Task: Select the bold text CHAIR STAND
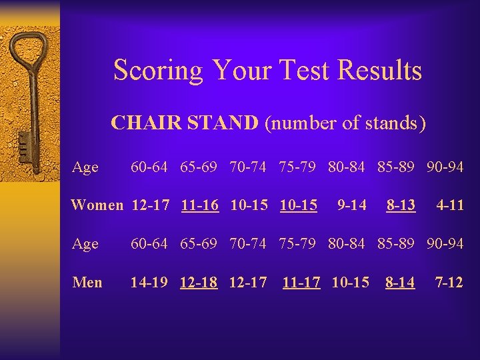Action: (x=185, y=123)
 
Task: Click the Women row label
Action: (x=97, y=205)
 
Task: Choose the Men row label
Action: (x=87, y=282)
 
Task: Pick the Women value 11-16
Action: (x=199, y=205)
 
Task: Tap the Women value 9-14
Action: (x=351, y=205)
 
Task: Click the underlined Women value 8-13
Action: (x=401, y=205)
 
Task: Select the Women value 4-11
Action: (x=449, y=205)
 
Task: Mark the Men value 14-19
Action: (x=149, y=282)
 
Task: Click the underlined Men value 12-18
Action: (x=199, y=282)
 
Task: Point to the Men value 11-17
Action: (x=301, y=282)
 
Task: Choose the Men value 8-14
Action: (x=399, y=282)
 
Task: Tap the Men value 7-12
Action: (x=449, y=282)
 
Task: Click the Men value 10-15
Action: (x=350, y=282)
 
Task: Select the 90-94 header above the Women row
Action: (x=445, y=167)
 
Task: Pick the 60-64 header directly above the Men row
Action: (x=149, y=244)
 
